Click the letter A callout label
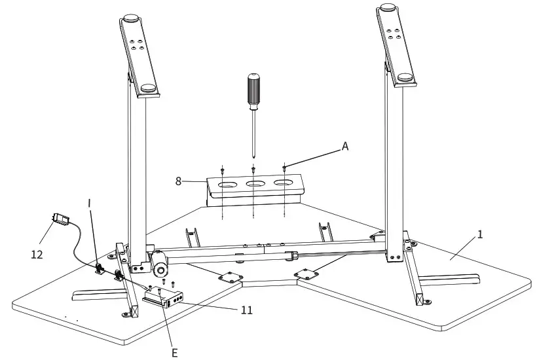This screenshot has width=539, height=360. [345, 147]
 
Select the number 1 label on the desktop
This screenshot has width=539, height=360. [480, 234]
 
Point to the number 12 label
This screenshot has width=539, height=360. [37, 254]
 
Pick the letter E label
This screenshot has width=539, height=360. [174, 353]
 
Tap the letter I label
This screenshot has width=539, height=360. [90, 203]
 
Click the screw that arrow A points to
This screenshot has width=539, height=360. [284, 168]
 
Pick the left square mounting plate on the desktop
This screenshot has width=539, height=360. [229, 276]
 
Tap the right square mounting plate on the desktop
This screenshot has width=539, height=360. [306, 272]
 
